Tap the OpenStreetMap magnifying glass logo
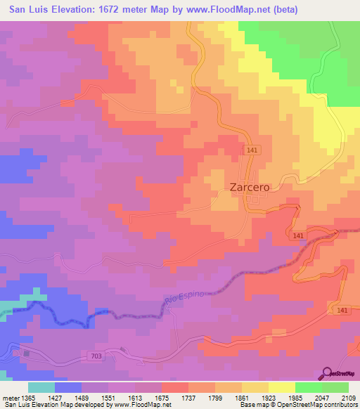coord(328,373)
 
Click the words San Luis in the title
coord(23,10)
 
